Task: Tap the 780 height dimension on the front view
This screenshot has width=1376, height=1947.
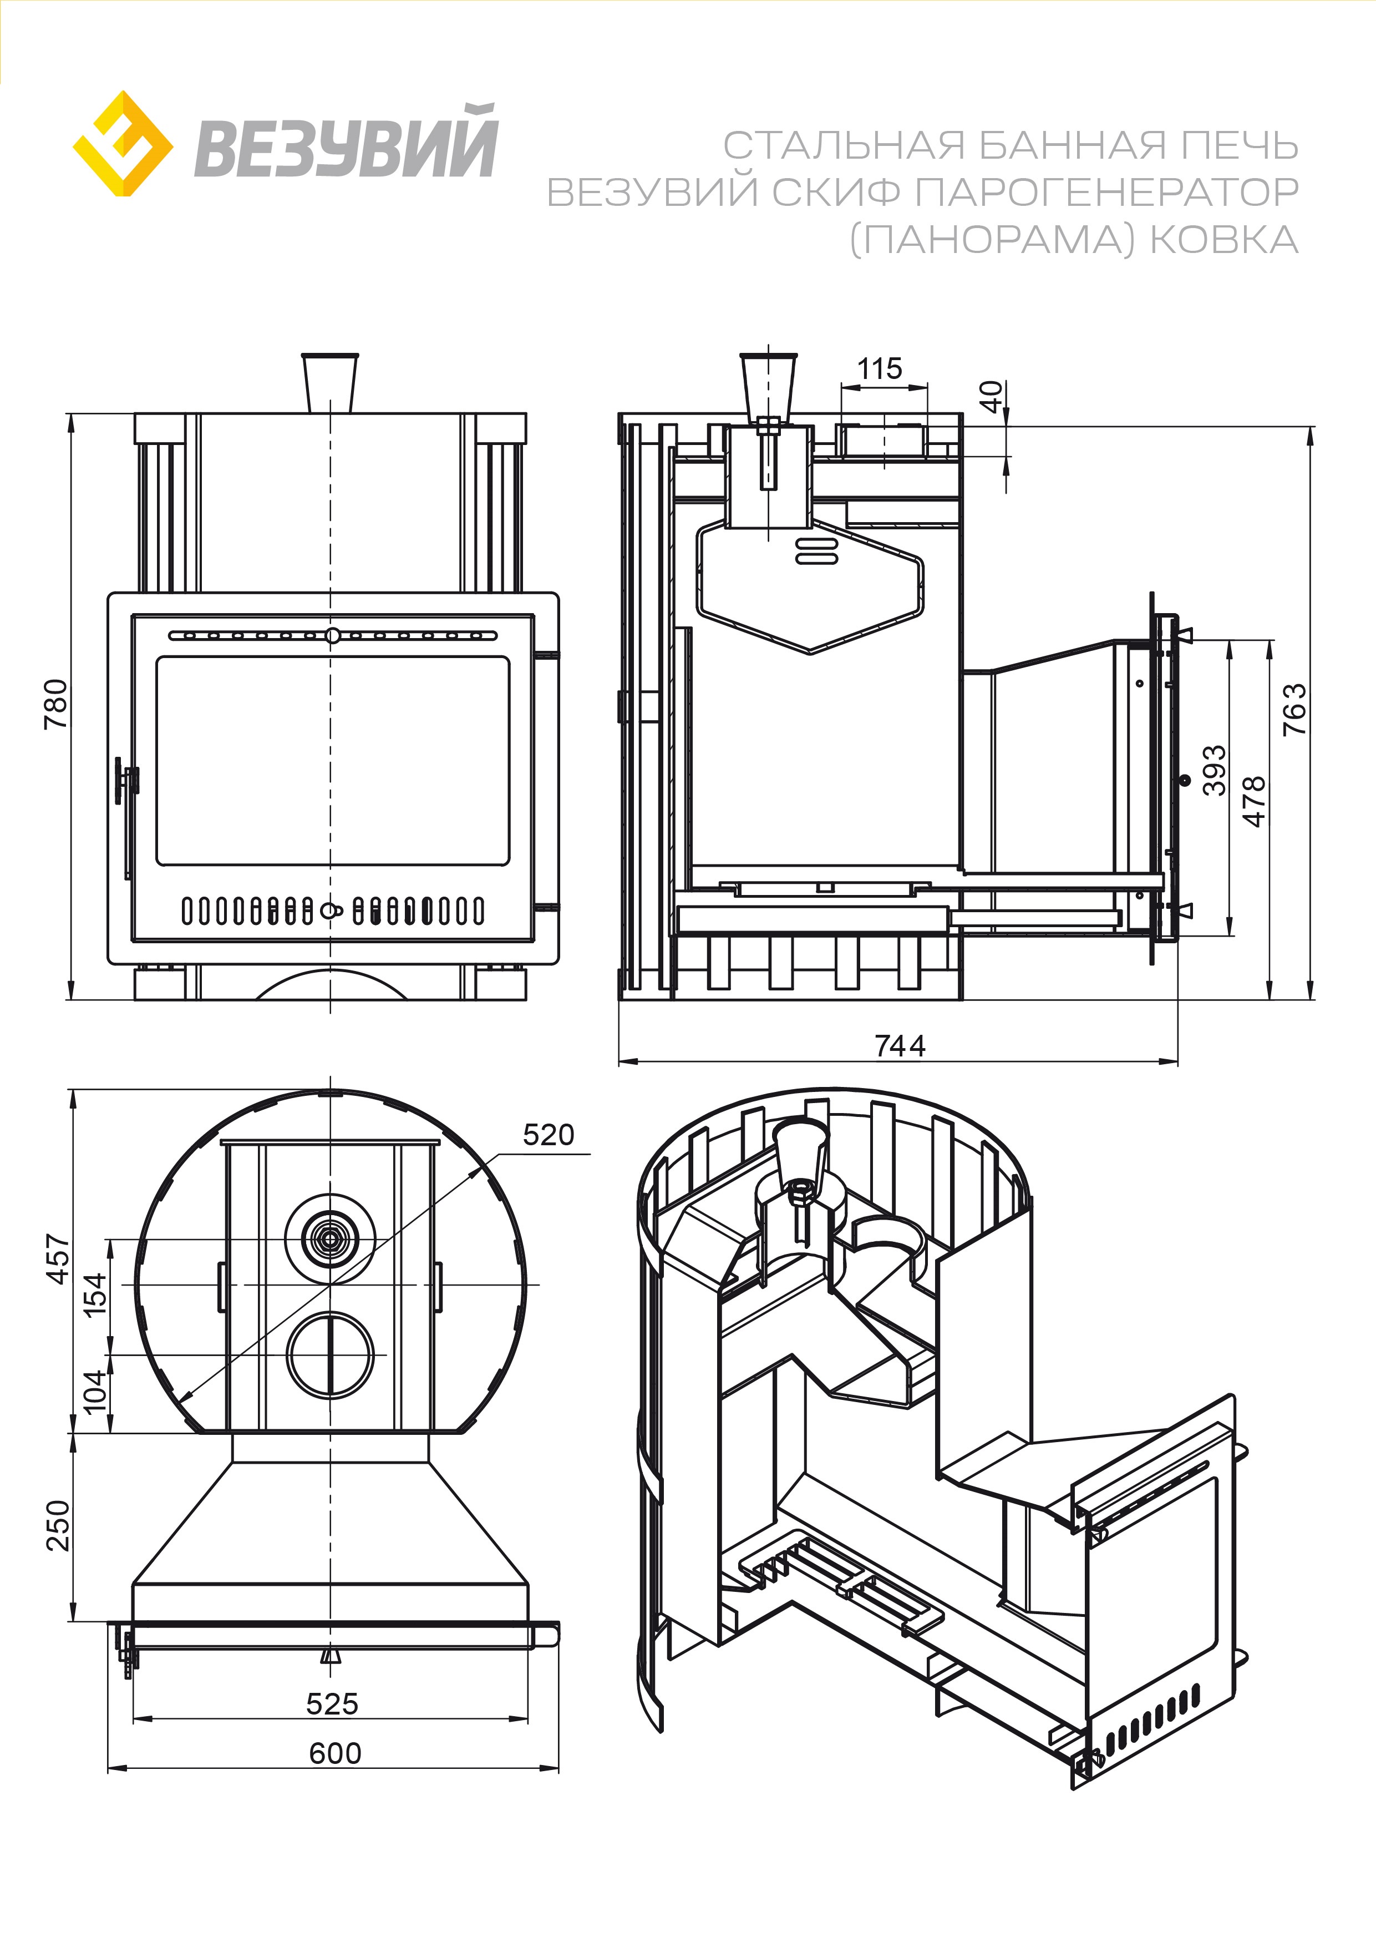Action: coord(56,703)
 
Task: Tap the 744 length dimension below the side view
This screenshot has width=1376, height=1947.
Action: coord(900,1045)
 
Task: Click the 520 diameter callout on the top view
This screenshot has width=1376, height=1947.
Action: coord(548,1135)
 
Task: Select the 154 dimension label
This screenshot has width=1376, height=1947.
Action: coord(94,1294)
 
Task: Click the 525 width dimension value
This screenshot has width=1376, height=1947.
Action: coord(332,1703)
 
